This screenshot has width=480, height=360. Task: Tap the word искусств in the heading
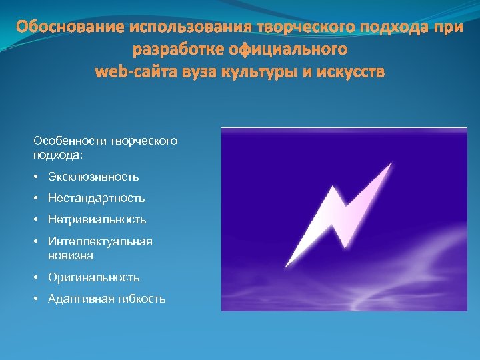point(349,71)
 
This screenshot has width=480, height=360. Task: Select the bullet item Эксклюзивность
point(93,177)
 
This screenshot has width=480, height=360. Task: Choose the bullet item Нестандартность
point(96,198)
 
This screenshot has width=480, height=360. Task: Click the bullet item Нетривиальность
point(97,219)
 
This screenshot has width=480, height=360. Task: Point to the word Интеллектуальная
point(100,241)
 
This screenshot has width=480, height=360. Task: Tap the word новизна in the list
point(71,255)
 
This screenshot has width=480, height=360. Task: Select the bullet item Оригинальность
point(93,277)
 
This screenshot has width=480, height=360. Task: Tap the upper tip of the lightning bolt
point(391,164)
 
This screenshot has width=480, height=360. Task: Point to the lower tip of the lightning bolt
point(287,267)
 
